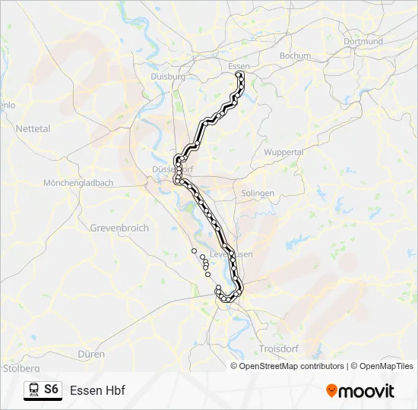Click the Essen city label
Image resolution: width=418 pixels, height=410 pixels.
pos(239,66)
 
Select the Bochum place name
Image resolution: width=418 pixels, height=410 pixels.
pos(295,55)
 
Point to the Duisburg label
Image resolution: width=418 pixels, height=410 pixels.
pos(168,77)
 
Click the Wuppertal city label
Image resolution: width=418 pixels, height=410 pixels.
pos(283,152)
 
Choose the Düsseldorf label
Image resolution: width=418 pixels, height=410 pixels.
pos(169,169)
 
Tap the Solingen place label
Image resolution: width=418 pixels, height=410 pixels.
pos(258,194)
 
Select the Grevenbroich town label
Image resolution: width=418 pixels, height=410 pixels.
pos(119,228)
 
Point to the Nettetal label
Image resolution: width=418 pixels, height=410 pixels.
pos(33,129)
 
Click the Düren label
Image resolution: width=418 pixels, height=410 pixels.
pos(91,354)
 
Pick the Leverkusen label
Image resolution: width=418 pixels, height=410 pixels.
pos(231,254)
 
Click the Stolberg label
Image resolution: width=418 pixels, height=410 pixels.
pos(21,368)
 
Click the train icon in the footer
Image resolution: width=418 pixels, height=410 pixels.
pos(33,389)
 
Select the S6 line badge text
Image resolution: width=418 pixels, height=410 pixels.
pos(51,389)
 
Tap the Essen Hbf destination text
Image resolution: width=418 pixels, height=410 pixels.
pos(97,390)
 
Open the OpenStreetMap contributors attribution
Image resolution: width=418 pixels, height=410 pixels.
pos(292,366)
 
